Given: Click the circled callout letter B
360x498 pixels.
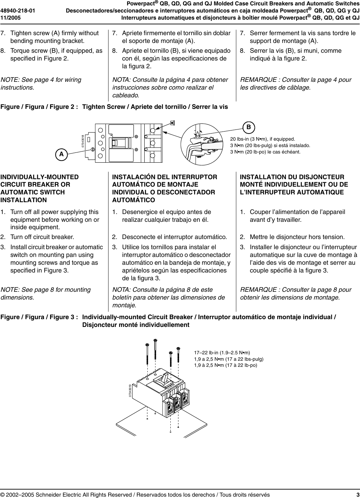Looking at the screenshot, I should point(248,127).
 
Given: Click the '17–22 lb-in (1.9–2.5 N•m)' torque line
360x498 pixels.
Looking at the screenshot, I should point(222,353).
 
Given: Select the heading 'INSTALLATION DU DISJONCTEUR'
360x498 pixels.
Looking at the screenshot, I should point(292,177).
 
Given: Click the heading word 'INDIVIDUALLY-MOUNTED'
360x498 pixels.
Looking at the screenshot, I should point(40,177).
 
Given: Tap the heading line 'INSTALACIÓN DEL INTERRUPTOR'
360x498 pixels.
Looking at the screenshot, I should point(165,177).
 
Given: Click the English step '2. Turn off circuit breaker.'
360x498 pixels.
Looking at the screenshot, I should point(42,237).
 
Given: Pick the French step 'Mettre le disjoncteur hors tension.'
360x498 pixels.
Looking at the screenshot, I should point(297,237).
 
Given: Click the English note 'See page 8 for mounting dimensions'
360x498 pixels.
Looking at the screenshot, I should point(46,293).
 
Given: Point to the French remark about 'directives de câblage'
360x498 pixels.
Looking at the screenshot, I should point(295,84).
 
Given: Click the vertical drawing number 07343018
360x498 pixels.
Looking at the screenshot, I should point(82,141).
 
